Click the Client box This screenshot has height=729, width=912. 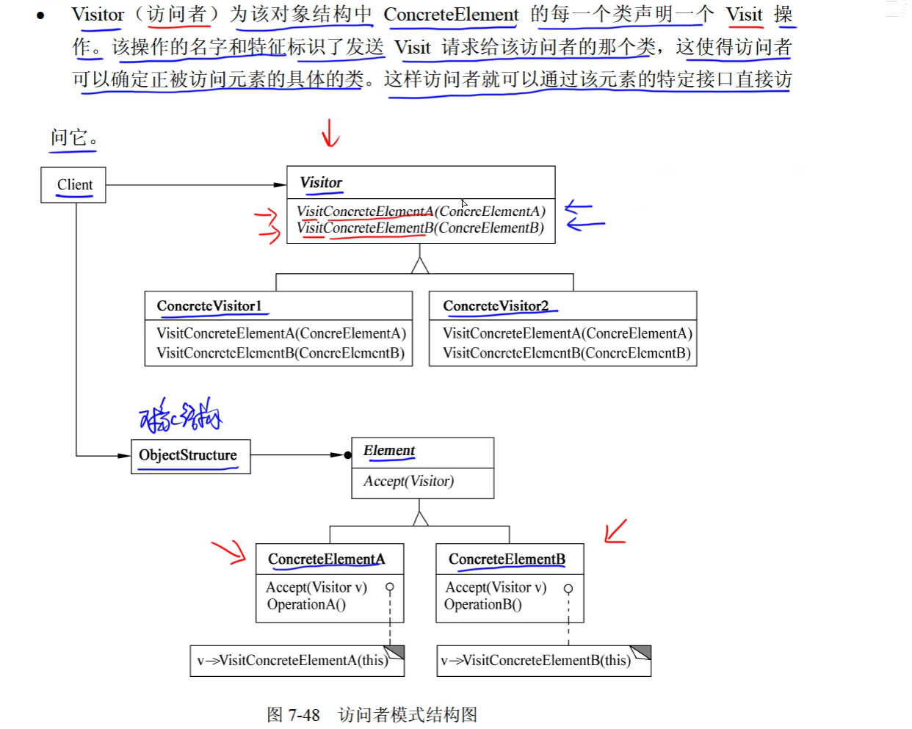pyautogui.click(x=74, y=185)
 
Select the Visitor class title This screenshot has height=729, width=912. pyautogui.click(x=321, y=183)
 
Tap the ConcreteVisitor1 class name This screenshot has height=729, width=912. pyautogui.click(x=209, y=306)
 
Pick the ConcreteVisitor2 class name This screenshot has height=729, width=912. pyautogui.click(x=496, y=306)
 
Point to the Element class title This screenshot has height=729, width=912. pyautogui.click(x=389, y=451)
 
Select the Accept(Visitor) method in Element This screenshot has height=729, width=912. pyautogui.click(x=408, y=482)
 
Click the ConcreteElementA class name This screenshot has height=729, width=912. pyautogui.click(x=326, y=559)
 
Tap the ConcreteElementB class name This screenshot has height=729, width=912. pyautogui.click(x=507, y=559)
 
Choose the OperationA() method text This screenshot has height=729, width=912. pyautogui.click(x=306, y=605)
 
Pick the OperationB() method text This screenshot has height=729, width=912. pyautogui.click(x=482, y=605)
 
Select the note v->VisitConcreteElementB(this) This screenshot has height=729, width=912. pyautogui.click(x=536, y=661)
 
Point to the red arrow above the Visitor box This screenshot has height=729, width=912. pyautogui.click(x=330, y=134)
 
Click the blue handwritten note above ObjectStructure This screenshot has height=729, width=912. pyautogui.click(x=181, y=416)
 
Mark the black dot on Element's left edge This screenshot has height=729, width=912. pyautogui.click(x=348, y=455)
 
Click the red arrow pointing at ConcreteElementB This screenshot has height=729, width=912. pyautogui.click(x=615, y=531)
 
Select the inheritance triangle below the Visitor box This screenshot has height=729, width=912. pyautogui.click(x=420, y=265)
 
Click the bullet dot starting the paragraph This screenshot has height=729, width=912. pyautogui.click(x=40, y=15)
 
